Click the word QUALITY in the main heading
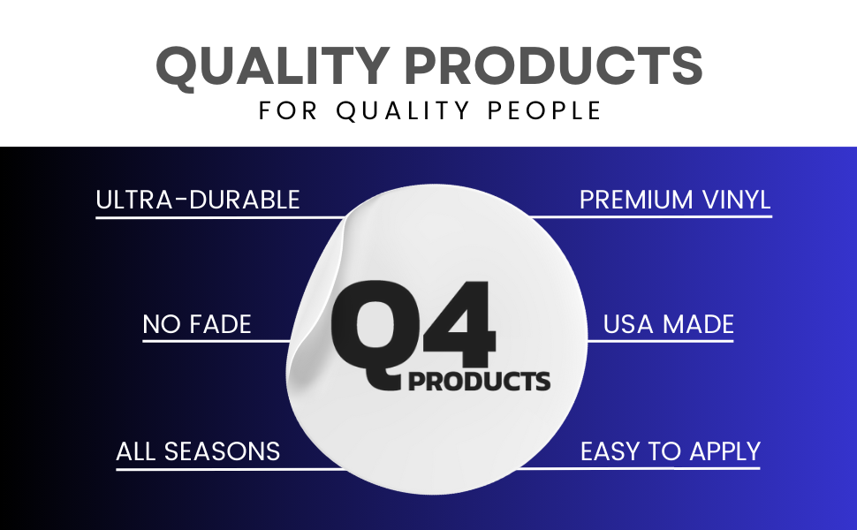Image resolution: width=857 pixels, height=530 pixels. [x=273, y=66]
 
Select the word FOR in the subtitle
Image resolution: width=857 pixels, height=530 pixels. [x=287, y=110]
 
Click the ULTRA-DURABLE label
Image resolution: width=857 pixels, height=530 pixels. [x=198, y=200]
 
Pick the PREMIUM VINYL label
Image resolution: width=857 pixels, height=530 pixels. [x=675, y=200]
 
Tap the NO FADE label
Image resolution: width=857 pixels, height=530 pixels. [x=197, y=324]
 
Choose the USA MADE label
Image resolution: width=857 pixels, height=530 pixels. [x=669, y=324]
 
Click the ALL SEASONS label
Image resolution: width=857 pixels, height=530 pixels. [x=198, y=452]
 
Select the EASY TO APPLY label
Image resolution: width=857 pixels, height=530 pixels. [x=670, y=452]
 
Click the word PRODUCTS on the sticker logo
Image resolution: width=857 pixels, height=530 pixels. [x=480, y=382]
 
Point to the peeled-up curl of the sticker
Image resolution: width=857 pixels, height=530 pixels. [x=317, y=306]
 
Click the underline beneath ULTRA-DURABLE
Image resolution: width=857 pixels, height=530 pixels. [x=220, y=218]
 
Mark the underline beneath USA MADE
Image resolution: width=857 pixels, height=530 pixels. [x=660, y=342]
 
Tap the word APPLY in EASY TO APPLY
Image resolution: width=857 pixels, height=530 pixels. [x=724, y=452]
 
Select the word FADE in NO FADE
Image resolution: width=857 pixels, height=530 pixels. [x=220, y=324]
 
